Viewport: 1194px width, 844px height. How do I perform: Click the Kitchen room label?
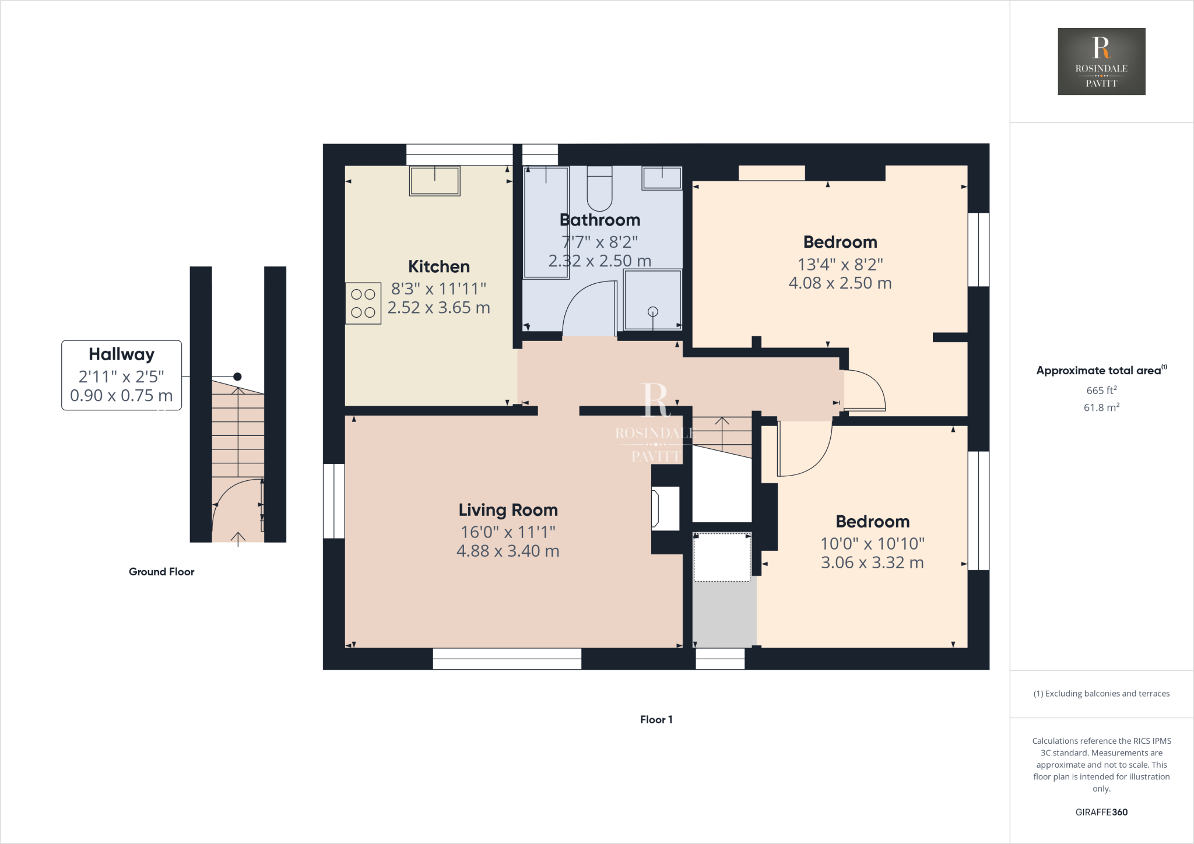438,266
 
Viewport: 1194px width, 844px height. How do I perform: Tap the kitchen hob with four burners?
363,303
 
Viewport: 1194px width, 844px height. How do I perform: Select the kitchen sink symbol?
434,181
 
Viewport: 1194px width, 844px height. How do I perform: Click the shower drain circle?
653,311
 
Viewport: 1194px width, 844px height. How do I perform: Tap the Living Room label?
508,510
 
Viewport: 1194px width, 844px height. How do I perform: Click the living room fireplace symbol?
665,508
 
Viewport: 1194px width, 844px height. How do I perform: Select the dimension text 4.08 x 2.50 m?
840,283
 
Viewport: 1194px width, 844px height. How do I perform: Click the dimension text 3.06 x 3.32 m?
872,562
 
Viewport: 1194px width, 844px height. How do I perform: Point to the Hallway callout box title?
121,354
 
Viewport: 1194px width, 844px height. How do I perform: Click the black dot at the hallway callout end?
237,377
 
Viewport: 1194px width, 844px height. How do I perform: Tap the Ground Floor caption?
161,572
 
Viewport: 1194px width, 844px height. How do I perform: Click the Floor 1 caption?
656,719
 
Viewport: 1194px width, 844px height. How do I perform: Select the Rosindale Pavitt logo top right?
1101,61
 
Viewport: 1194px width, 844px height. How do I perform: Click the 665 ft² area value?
1101,391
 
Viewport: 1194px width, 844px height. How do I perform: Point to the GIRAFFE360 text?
1101,812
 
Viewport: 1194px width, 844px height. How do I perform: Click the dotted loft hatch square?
722,557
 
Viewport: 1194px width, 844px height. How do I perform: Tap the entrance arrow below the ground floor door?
238,539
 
